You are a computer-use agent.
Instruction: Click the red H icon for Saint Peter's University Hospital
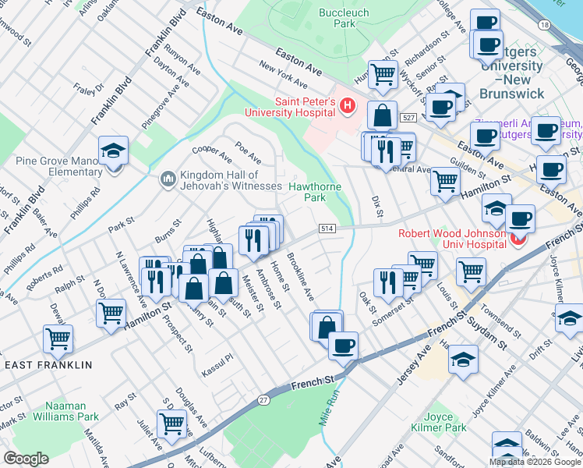(x=348, y=106)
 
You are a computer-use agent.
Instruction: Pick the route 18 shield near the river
(x=543, y=26)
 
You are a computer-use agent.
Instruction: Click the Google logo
(x=26, y=459)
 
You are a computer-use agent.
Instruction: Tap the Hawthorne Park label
(x=317, y=192)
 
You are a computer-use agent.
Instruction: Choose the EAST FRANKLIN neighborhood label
(x=48, y=365)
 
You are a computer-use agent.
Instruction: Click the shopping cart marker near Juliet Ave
(x=171, y=424)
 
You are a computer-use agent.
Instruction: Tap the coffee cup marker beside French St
(x=342, y=345)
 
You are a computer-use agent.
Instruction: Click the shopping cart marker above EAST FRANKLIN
(x=58, y=339)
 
